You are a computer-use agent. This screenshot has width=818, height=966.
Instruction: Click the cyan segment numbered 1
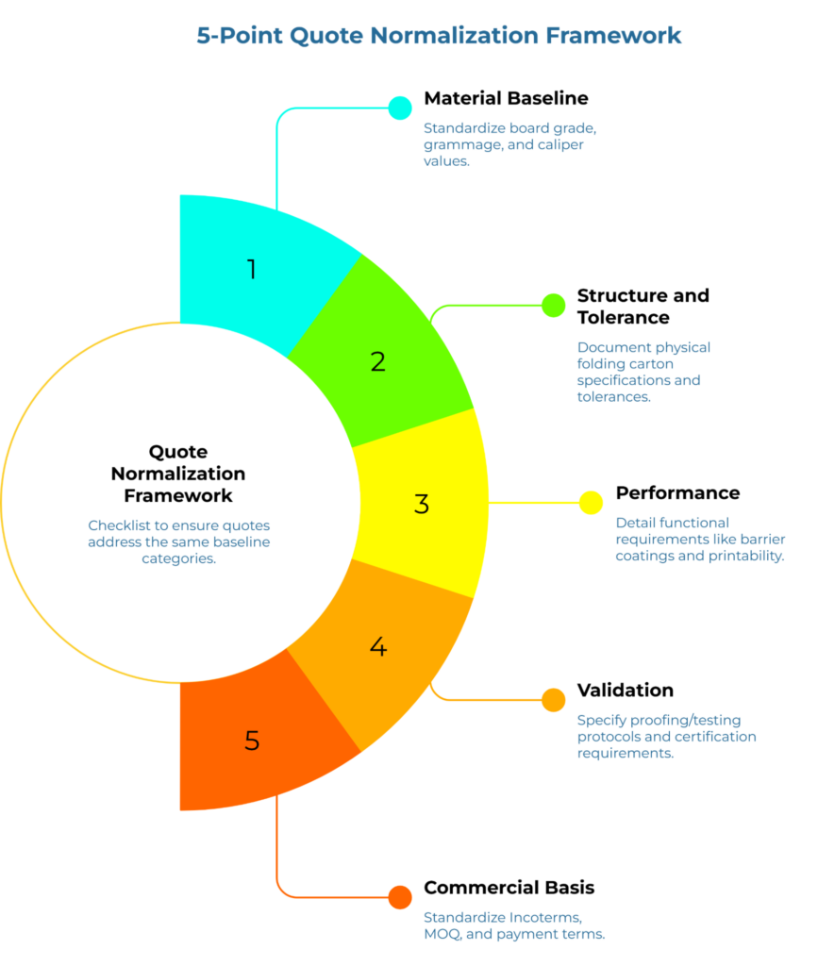252,270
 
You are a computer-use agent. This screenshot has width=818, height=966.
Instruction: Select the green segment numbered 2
378,360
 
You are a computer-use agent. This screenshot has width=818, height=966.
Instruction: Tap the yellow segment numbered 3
422,504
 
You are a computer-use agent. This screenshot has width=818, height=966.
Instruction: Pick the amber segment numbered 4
378,647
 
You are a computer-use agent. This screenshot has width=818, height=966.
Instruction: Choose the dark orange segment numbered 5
252,740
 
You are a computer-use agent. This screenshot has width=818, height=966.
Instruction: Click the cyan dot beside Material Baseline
400,108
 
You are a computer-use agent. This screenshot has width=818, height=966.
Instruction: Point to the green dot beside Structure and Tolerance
553,305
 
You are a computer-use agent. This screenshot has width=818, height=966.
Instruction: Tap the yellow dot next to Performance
592,503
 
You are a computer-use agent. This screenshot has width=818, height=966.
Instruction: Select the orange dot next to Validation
553,699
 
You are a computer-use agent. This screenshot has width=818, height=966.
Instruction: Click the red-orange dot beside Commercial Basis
400,897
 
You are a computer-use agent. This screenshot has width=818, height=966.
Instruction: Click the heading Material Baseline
506,98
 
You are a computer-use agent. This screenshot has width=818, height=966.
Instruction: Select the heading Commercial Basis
509,888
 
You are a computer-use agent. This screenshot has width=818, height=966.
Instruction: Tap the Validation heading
625,690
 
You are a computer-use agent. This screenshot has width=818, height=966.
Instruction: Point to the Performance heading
677,492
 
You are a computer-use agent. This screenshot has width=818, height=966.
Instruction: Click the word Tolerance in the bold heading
624,318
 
